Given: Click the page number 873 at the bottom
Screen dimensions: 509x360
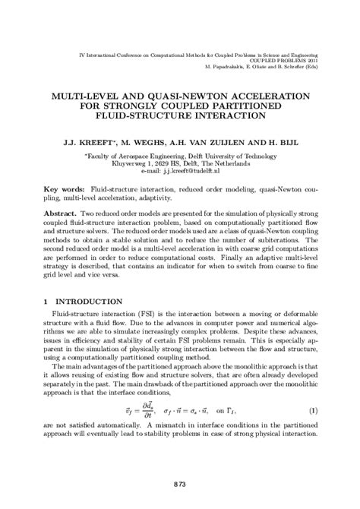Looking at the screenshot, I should pyautogui.click(x=180, y=484).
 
